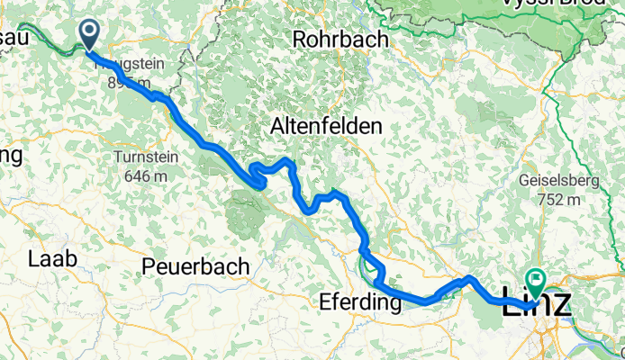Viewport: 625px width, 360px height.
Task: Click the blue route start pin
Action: point(91,34)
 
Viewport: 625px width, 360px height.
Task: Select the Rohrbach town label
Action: point(340,40)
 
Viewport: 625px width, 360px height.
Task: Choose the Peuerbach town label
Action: point(194,266)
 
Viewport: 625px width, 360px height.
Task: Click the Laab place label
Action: point(53,259)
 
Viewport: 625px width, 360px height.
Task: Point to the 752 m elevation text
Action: point(557,200)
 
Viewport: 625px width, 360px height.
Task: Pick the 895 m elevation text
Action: point(126,83)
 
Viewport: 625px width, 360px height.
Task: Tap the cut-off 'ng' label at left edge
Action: point(10,154)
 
